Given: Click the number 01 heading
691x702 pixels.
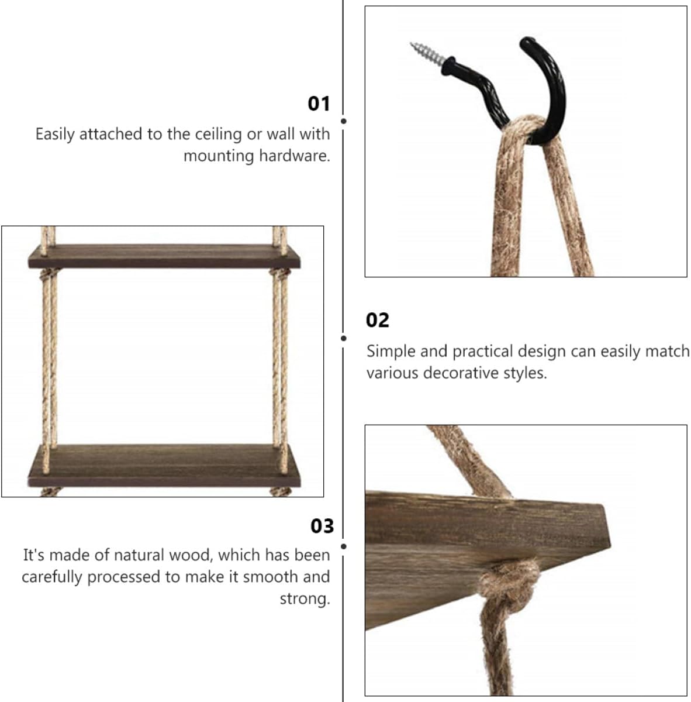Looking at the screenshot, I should coord(319,104).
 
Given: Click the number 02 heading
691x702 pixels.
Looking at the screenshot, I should coord(377,321).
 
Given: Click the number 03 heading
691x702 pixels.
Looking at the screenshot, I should coord(322,526).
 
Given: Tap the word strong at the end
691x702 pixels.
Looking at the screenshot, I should coord(305,598).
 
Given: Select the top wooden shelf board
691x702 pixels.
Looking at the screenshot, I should coord(164,256).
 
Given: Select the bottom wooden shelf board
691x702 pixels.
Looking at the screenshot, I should coord(164,466).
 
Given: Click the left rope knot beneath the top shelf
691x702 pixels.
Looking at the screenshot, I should coord(49,274).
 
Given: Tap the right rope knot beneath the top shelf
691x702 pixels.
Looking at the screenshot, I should coord(279,274).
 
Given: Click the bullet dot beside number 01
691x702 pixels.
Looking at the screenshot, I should coord(343,121).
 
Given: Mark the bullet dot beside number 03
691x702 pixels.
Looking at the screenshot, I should coord(343,546).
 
